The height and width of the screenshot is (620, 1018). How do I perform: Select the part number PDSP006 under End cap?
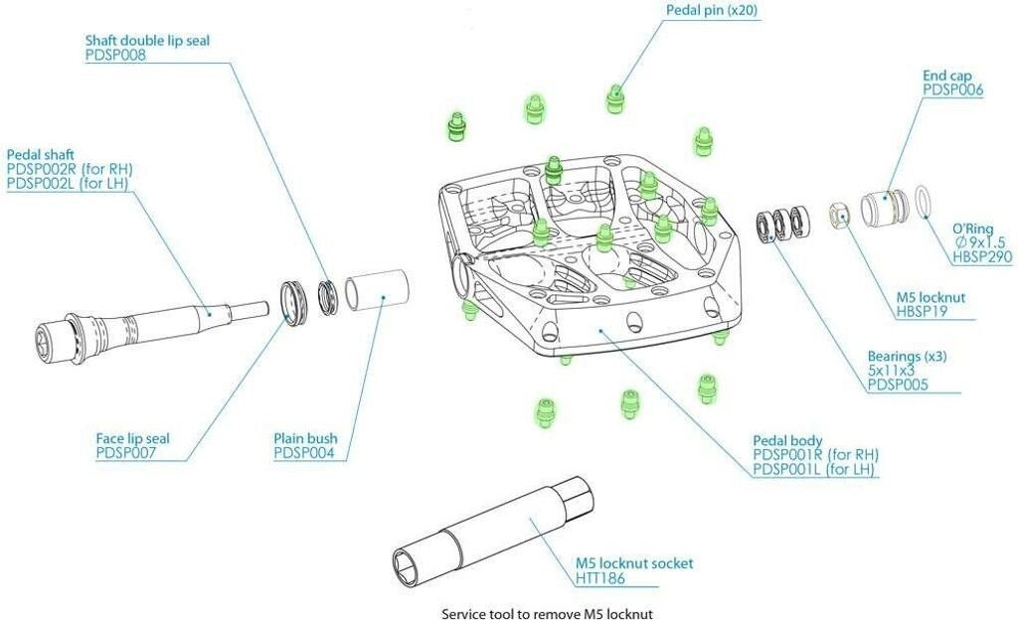pyautogui.click(x=952, y=90)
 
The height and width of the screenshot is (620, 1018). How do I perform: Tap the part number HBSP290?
pyautogui.click(x=981, y=257)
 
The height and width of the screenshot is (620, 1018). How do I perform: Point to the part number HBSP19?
pyautogui.click(x=925, y=312)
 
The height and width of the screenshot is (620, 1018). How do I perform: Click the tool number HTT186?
pyautogui.click(x=602, y=578)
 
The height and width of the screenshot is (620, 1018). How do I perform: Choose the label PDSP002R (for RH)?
pyautogui.click(x=70, y=170)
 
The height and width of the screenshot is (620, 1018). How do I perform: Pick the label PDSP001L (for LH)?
pyautogui.click(x=815, y=470)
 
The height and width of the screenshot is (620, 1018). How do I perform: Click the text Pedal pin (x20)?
pyautogui.click(x=713, y=10)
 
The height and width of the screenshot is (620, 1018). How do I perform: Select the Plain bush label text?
pyautogui.click(x=305, y=438)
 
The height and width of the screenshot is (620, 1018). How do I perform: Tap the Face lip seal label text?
pyautogui.click(x=132, y=438)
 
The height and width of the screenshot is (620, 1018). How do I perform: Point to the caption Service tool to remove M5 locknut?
pyautogui.click(x=548, y=613)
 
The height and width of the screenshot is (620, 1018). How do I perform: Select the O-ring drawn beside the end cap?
pyautogui.click(x=923, y=200)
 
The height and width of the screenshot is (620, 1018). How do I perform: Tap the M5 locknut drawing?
pyautogui.click(x=839, y=214)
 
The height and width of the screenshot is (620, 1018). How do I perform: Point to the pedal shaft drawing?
pyautogui.click(x=149, y=320)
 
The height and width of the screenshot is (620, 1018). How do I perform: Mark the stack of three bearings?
pyautogui.click(x=784, y=226)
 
